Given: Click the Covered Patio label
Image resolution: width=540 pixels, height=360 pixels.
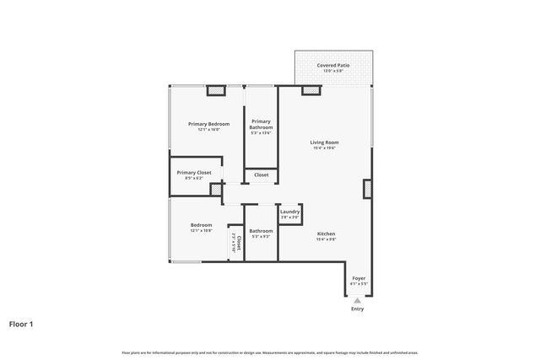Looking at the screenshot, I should [333, 65].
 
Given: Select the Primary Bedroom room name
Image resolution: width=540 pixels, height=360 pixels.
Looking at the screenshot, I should [208, 123].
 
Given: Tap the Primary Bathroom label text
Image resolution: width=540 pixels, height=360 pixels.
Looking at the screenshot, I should [261, 124].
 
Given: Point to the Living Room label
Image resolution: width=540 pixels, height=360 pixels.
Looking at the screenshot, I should [325, 142].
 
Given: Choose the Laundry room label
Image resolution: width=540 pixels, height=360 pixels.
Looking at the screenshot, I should [289, 212].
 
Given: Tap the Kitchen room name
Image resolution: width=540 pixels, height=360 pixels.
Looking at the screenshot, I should [326, 234].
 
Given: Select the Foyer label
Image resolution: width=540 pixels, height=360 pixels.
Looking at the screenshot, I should [359, 278].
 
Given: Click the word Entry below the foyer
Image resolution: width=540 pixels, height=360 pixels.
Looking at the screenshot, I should [358, 309].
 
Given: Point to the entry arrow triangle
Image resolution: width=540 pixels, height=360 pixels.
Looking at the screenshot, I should [358, 300].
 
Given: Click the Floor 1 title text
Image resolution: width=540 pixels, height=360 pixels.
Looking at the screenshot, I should [22, 324].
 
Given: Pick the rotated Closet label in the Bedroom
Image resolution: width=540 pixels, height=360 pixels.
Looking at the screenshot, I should [240, 243].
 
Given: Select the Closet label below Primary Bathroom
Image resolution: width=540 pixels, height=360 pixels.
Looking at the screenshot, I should [262, 175].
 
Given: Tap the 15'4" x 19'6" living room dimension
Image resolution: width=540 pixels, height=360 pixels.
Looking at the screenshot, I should [325, 148].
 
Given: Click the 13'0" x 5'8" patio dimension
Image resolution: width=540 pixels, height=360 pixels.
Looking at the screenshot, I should [333, 71].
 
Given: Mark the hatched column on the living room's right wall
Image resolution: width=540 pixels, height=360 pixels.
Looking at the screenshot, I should [368, 188].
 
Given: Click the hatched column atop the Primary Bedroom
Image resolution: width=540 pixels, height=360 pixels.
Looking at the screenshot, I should [216, 90].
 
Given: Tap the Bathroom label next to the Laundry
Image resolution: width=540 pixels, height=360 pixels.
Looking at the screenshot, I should [261, 230].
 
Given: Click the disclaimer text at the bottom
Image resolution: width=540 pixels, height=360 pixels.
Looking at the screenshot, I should [270, 352].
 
